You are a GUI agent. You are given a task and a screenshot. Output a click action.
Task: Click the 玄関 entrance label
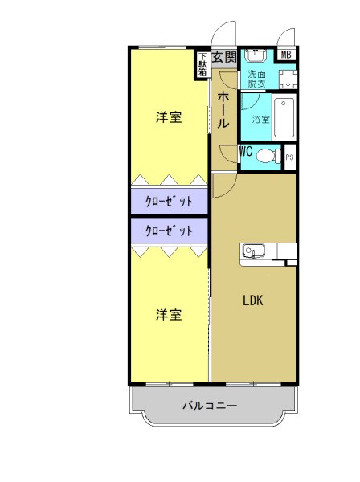click(x=225, y=57)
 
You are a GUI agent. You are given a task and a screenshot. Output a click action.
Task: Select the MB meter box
click(x=285, y=55)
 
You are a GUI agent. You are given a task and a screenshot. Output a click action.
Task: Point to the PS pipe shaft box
click(x=289, y=157)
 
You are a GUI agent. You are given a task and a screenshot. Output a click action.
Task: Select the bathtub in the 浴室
click(x=284, y=118)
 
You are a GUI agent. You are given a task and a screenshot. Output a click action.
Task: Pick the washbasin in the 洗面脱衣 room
click(x=256, y=56)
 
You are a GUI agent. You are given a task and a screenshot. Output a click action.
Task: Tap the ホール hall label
click(x=224, y=110)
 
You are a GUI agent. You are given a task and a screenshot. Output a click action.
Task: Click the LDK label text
click(x=254, y=301)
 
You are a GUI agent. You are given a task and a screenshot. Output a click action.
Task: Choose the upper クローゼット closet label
click(x=170, y=202)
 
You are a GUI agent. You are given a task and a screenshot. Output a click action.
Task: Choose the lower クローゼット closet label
click(x=170, y=231)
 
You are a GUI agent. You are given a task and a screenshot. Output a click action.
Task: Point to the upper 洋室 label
click(x=168, y=118)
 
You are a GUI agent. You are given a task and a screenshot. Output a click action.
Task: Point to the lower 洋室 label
click(x=168, y=314)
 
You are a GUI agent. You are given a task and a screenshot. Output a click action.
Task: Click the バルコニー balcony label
click(x=210, y=406)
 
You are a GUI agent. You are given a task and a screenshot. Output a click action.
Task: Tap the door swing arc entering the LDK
click(x=223, y=185)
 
